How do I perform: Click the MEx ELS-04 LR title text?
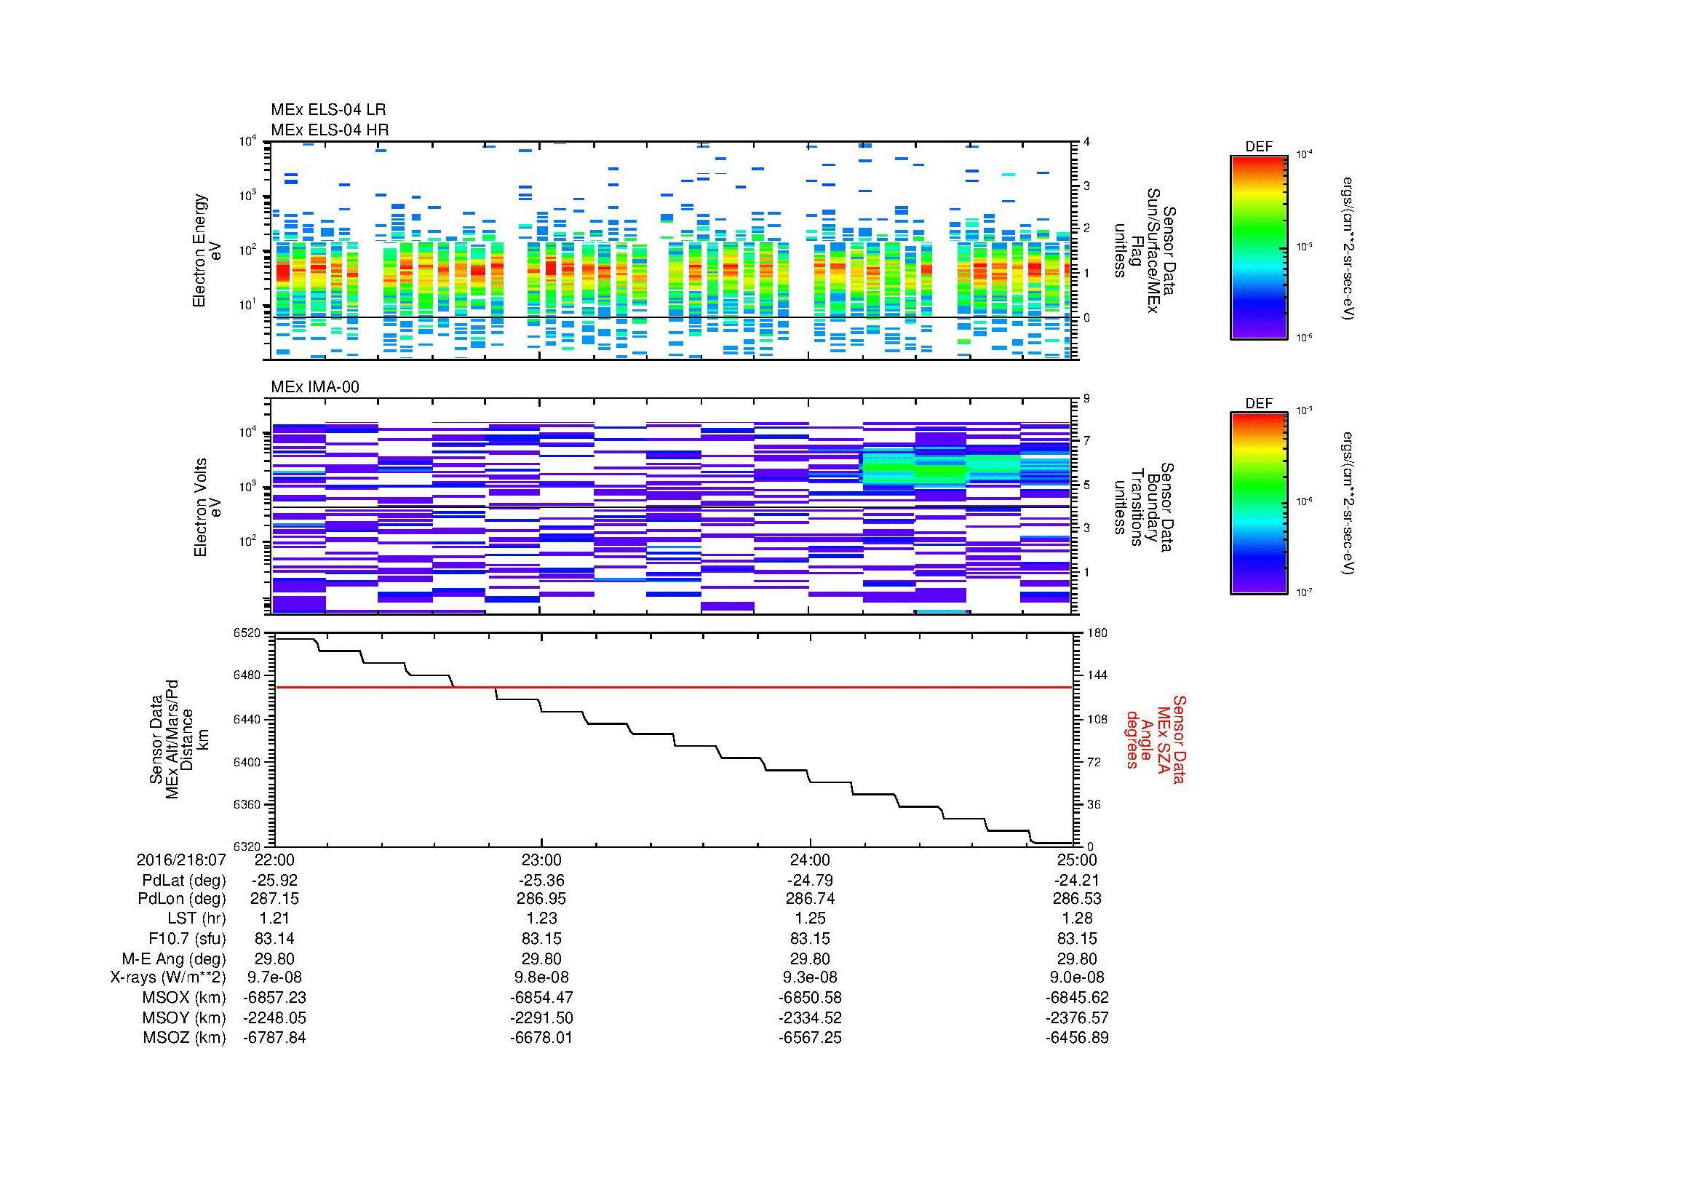click(x=327, y=111)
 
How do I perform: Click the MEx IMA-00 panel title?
click(x=314, y=387)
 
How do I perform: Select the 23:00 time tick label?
click(x=541, y=860)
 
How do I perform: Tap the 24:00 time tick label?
click(x=809, y=860)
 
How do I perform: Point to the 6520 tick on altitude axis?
click(x=247, y=633)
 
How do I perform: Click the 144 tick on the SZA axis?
click(x=1096, y=675)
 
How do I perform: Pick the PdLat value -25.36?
click(x=541, y=881)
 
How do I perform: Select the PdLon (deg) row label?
click(x=183, y=899)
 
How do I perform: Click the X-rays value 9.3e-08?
click(x=809, y=977)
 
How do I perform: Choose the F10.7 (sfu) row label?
click(x=187, y=938)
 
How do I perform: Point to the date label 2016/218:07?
click(x=181, y=860)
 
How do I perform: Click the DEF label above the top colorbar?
click(x=1258, y=147)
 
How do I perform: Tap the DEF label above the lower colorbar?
click(x=1258, y=403)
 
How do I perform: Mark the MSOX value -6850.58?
click(x=809, y=998)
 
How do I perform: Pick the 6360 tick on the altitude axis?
click(x=247, y=804)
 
